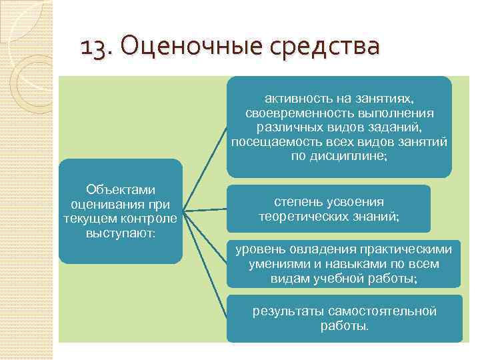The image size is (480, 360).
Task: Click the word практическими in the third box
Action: tap(406, 249)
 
